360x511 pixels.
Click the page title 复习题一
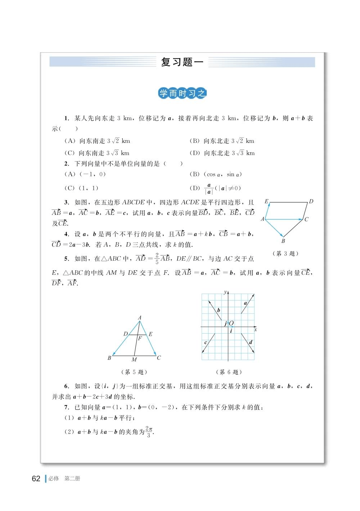point(182,62)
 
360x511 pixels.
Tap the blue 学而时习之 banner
point(183,94)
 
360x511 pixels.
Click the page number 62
point(36,479)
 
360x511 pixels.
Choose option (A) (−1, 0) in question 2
point(85,174)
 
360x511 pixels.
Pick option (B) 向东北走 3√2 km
point(222,141)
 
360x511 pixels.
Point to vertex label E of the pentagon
point(267,202)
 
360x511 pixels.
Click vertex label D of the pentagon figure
point(311,202)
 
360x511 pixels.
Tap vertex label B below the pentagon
point(283,241)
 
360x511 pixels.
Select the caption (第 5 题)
point(134,372)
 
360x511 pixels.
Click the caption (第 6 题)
point(229,372)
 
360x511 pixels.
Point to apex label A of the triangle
point(140,317)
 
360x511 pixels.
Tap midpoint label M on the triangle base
point(134,359)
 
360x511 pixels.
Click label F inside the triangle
point(140,338)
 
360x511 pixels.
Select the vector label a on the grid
point(246,303)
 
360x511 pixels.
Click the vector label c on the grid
point(206,342)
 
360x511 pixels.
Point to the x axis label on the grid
point(256,330)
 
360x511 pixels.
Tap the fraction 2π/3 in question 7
point(149,432)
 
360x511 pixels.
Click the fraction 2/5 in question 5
point(157,259)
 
